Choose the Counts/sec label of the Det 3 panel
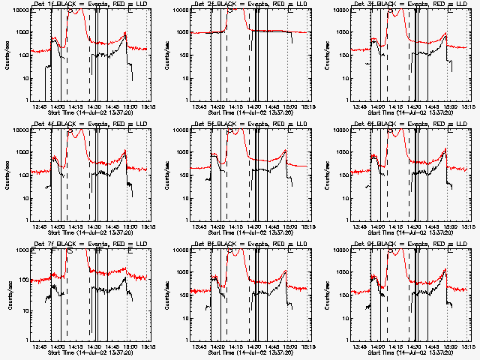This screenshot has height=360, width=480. point(326,55)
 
